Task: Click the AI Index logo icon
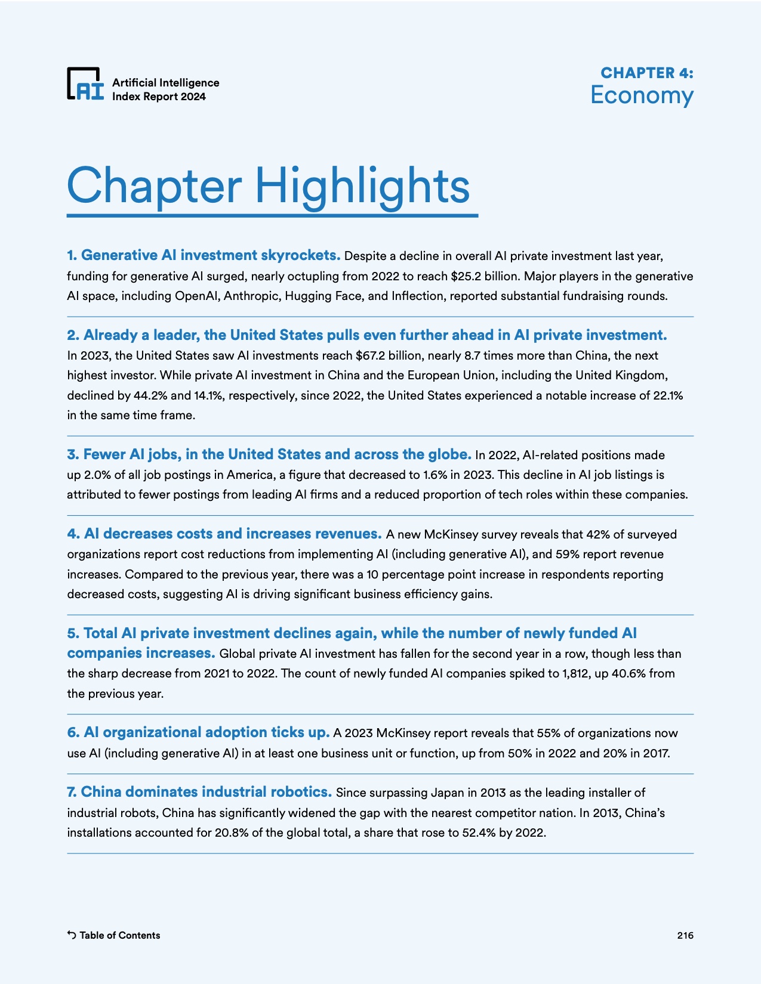click(85, 83)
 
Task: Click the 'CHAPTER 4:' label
click(646, 73)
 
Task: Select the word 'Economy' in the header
click(642, 95)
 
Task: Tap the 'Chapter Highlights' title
click(269, 185)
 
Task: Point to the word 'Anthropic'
click(250, 296)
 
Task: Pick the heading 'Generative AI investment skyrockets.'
click(204, 255)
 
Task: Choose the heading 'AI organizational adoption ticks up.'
click(199, 732)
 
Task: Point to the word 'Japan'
click(452, 793)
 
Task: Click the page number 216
click(685, 935)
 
